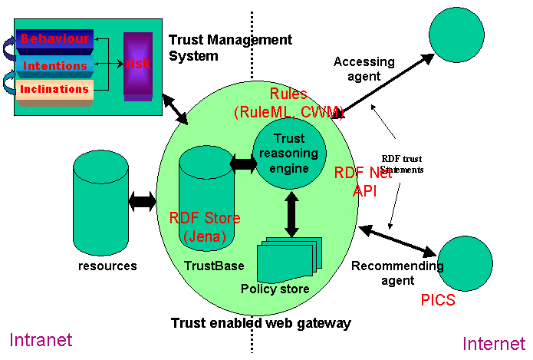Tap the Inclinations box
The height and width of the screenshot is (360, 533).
point(54,90)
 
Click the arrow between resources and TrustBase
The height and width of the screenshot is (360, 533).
point(143,202)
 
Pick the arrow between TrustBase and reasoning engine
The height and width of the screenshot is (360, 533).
point(244,163)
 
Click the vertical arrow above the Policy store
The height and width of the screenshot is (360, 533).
point(291,214)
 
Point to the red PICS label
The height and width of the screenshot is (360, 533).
point(438,299)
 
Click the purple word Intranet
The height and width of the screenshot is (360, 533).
point(40,339)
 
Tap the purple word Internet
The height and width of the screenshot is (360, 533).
point(493,342)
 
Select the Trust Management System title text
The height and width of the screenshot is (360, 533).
point(230,48)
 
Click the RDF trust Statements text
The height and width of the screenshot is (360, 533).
point(402,163)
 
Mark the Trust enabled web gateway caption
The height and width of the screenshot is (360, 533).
point(261,323)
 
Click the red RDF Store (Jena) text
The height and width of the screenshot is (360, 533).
point(205,227)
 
